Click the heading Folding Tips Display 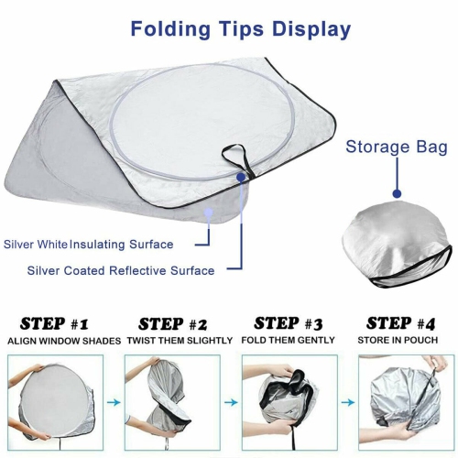coord(240,28)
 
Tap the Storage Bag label coord(397,147)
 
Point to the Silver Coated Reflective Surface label coord(120,270)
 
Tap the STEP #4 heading coord(400,323)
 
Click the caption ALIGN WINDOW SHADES coord(64,341)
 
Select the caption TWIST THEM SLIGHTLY coord(175,341)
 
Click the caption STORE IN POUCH coord(400,341)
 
